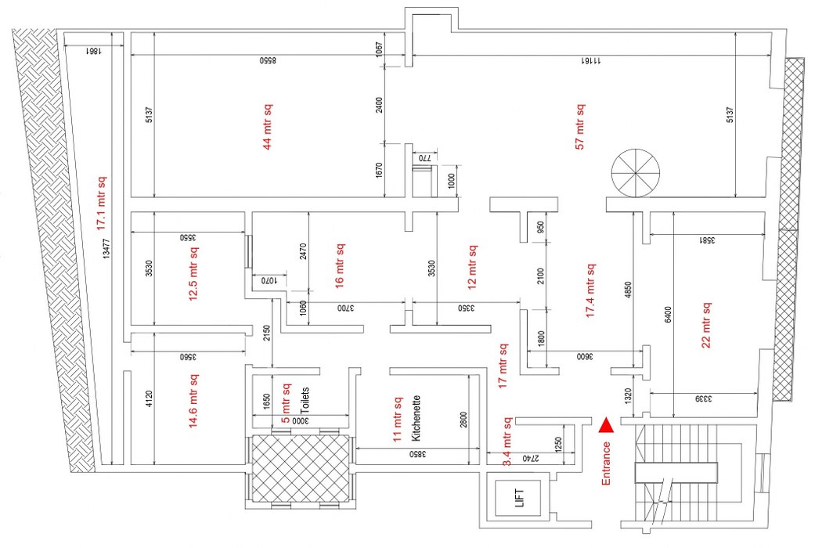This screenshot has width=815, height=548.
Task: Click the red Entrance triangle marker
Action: (606, 426)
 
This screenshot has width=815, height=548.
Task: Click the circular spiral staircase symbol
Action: (635, 172)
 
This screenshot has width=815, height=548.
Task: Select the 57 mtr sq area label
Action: (580, 125)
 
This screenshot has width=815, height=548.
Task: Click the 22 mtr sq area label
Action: (706, 325)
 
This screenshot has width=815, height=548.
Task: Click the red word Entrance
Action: (606, 463)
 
